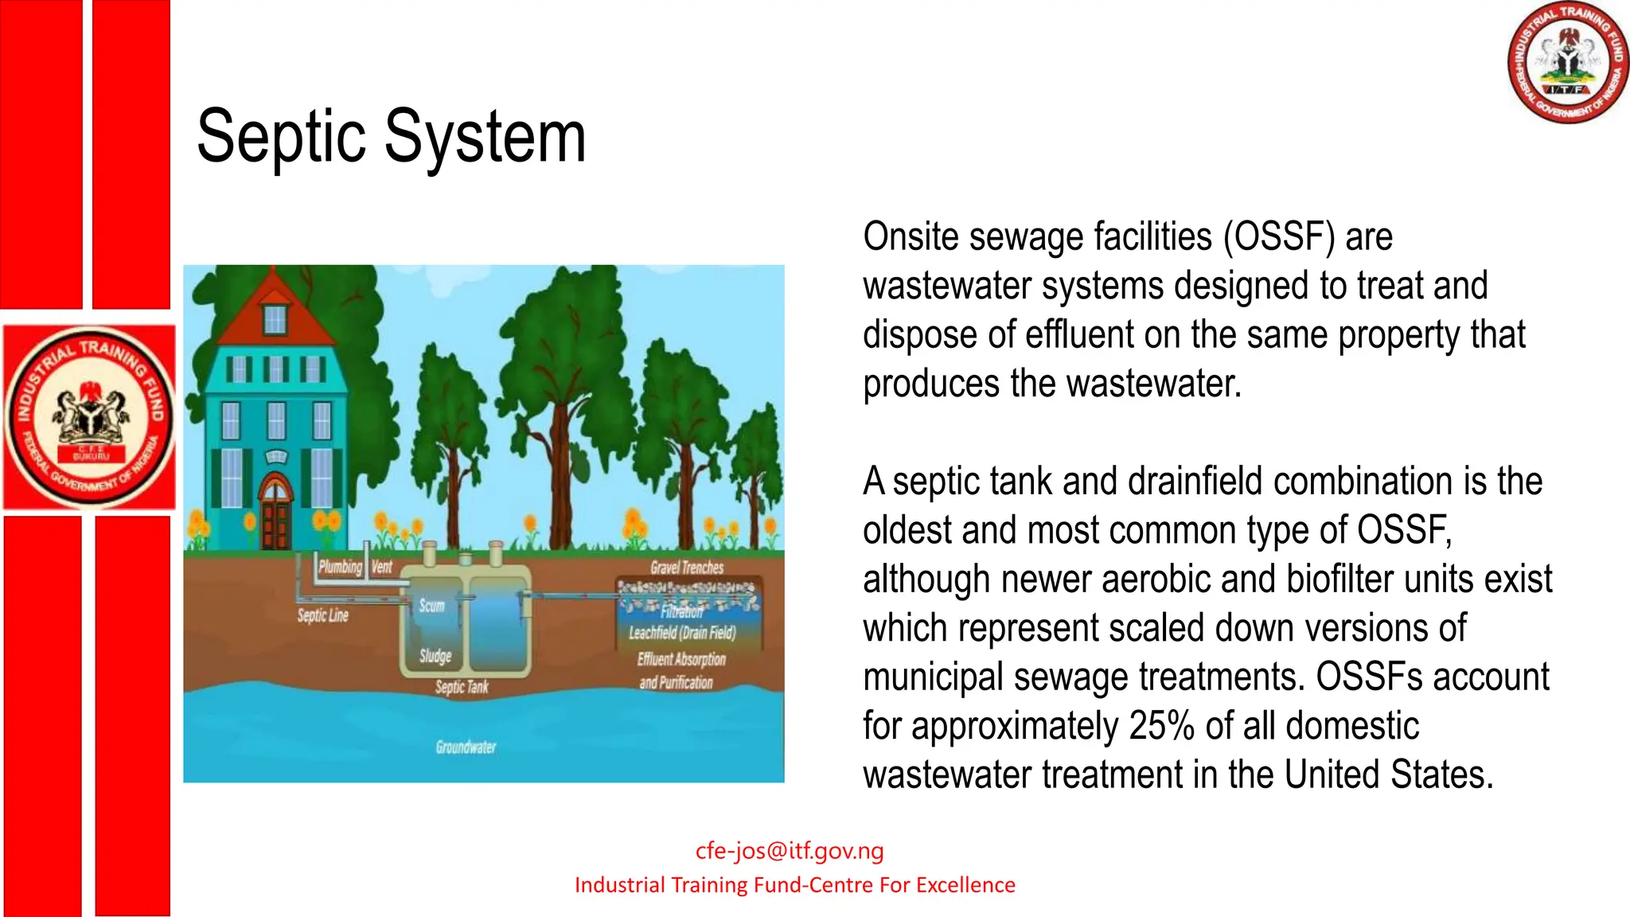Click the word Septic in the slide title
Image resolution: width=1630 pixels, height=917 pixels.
coord(281,137)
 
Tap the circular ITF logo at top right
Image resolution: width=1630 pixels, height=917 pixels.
coord(1567,62)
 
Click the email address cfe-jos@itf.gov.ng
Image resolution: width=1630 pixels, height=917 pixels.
coord(789,850)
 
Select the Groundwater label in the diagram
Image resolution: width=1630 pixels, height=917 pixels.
coord(466,747)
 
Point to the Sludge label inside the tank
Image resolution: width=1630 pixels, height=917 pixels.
coord(435,656)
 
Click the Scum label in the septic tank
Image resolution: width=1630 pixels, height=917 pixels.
coord(431,606)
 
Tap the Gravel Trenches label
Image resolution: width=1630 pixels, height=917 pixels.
coord(687,568)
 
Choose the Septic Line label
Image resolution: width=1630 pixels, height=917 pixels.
coord(322,615)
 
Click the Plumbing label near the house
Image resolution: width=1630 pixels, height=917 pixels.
coord(340,567)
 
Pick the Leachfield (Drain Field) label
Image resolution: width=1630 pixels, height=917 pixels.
coord(682,633)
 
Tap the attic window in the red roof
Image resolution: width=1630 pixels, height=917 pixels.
coord(275,319)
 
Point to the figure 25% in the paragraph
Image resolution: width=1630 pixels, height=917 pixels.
coord(1161,725)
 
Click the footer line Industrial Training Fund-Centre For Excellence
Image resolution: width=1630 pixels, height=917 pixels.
coord(794,885)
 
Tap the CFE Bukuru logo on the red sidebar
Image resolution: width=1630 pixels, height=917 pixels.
coord(89,417)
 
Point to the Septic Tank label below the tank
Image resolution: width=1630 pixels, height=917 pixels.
coord(462,687)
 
